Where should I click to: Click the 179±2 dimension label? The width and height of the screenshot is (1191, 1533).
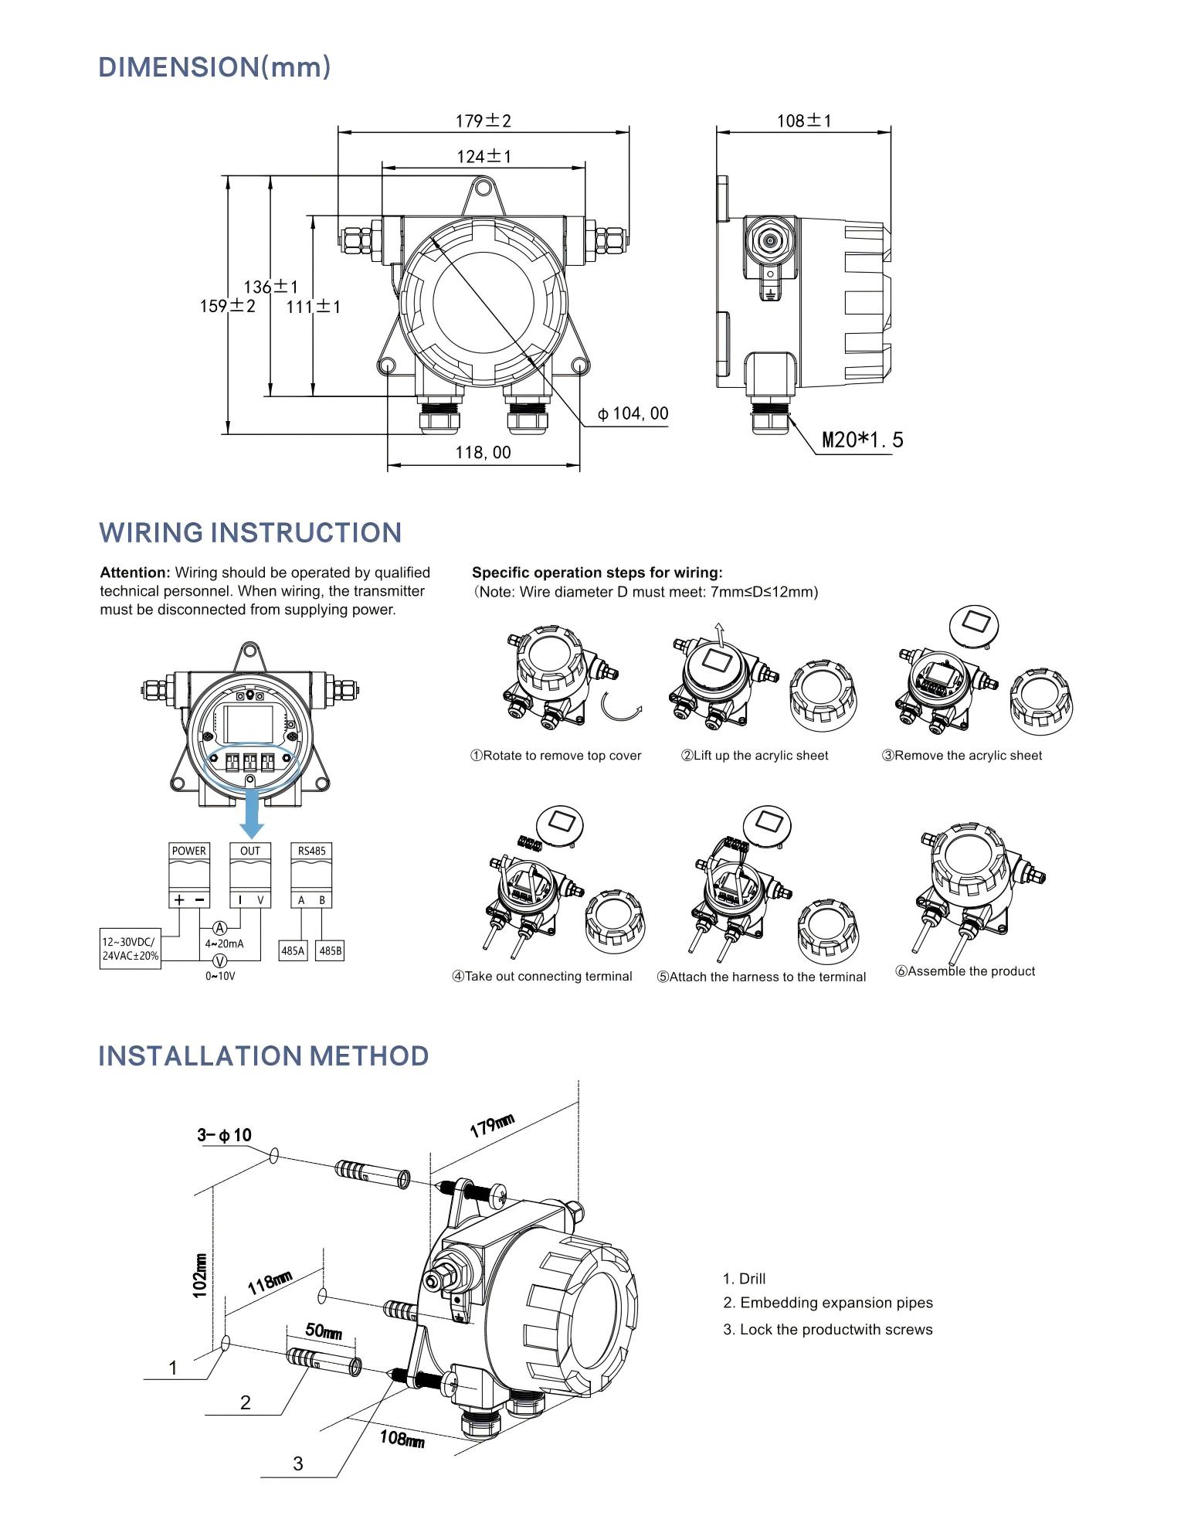point(483,121)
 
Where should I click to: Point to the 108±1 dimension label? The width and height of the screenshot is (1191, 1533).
point(803,121)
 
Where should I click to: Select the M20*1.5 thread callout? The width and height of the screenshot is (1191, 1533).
point(862,440)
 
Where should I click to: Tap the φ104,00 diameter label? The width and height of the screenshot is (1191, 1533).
point(633,414)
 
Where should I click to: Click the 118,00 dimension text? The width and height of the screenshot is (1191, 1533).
point(483,453)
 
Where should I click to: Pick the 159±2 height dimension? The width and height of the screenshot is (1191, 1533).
point(227,306)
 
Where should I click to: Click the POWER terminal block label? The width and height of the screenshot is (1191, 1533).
point(189,851)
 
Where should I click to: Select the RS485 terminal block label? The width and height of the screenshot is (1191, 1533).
point(312,851)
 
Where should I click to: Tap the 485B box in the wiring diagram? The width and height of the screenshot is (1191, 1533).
point(330,951)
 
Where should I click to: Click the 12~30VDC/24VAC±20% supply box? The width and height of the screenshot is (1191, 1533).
point(131,949)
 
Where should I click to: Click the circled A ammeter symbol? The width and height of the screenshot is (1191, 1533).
point(220,928)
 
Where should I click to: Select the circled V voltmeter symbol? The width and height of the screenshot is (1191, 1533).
point(220,960)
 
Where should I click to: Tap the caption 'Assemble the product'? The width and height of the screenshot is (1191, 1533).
point(965,971)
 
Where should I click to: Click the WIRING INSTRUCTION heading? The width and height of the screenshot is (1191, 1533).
point(250,533)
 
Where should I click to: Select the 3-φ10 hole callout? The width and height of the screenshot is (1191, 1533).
point(224,1135)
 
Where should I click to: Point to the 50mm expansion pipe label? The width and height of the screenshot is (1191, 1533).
point(323,1331)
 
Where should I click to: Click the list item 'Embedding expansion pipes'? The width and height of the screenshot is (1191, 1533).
point(828,1303)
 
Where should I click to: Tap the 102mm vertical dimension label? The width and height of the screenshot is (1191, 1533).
point(200,1276)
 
